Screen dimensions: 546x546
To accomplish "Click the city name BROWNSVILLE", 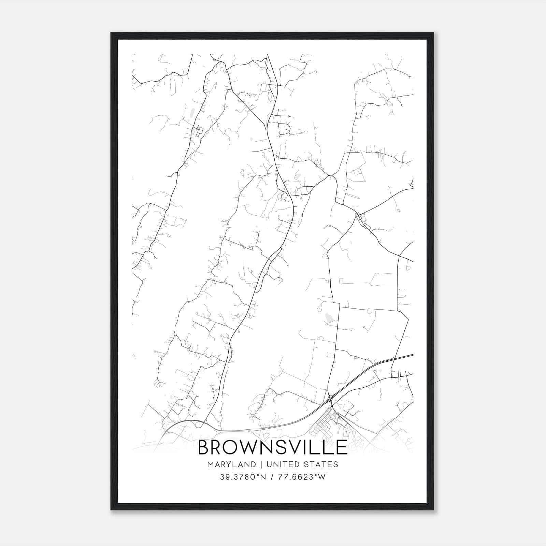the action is pyautogui.click(x=272, y=447).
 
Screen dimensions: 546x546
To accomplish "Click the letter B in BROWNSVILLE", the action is pyautogui.click(x=204, y=447).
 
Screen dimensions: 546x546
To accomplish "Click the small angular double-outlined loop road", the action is pyautogui.click(x=199, y=131).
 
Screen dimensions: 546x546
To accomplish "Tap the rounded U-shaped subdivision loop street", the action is pyautogui.click(x=284, y=129).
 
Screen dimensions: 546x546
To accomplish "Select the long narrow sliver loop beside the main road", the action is pyautogui.click(x=268, y=270).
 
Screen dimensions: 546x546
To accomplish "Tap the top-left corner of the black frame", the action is pyautogui.click(x=111, y=33).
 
